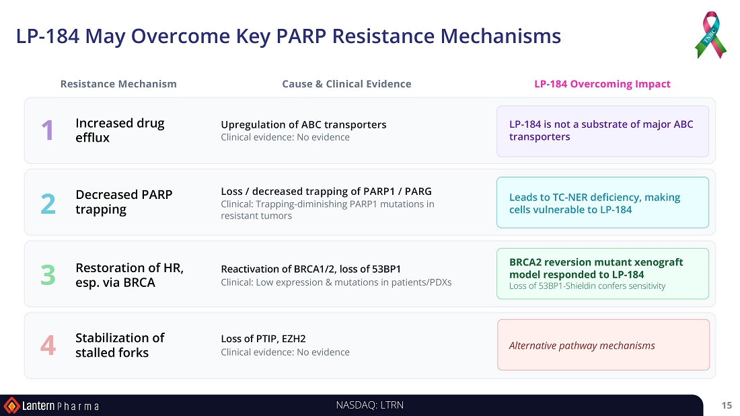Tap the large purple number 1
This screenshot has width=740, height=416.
(48, 130)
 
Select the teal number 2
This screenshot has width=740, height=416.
(48, 204)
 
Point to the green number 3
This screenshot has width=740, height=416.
(48, 275)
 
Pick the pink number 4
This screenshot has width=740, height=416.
(48, 345)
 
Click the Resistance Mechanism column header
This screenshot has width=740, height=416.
(118, 84)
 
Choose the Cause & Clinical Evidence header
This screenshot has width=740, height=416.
(346, 84)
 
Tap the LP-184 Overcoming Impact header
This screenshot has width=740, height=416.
(602, 84)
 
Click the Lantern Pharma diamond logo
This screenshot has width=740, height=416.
(11, 406)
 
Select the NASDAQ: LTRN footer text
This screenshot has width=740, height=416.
(370, 405)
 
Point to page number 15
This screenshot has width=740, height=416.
(727, 405)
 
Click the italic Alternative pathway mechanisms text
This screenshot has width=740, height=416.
(582, 345)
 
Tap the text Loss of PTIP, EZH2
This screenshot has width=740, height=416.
(263, 339)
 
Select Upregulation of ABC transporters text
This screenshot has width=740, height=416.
(303, 124)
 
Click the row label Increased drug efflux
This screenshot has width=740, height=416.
(120, 130)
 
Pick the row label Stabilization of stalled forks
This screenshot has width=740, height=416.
(120, 345)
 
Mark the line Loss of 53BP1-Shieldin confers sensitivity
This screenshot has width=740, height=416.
(587, 286)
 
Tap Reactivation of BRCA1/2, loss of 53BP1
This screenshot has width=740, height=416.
(311, 269)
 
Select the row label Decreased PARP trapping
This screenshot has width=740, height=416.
(124, 202)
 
